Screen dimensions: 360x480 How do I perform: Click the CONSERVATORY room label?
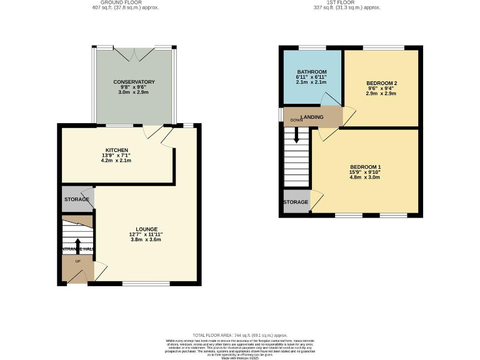[134, 82]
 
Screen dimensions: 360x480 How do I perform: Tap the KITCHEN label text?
[117, 150]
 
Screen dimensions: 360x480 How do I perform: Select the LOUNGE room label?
[147, 229]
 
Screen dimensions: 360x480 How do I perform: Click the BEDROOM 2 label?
[381, 83]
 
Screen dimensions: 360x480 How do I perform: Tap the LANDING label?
[312, 117]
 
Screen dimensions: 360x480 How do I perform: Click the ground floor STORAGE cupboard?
[76, 199]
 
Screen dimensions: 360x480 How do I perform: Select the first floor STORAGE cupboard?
[296, 202]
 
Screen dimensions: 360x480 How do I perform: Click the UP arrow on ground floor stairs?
[77, 245]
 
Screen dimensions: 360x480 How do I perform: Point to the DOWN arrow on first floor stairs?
[296, 134]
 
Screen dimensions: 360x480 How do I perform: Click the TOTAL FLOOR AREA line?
[240, 335]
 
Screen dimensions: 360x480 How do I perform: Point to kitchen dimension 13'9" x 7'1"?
[117, 156]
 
